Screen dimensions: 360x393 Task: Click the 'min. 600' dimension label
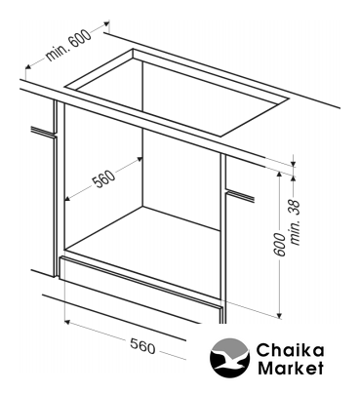coord(68,45)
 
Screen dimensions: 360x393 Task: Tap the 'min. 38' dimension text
coord(296,222)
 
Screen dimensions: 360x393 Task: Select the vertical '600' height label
coord(281,244)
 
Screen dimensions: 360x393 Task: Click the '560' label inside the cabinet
coord(104,179)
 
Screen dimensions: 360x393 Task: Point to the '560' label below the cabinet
coord(142,346)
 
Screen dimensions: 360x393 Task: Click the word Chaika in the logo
coord(290,351)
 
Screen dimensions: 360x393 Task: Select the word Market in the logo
coord(291,368)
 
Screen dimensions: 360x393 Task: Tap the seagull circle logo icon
coord(229,358)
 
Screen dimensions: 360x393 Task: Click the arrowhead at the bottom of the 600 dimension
coord(279,315)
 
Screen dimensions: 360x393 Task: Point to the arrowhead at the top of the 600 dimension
coord(279,175)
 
